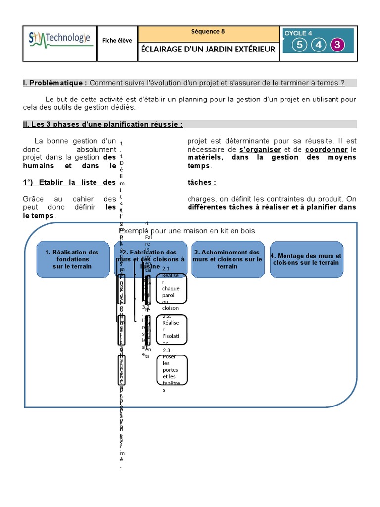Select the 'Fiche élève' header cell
117,41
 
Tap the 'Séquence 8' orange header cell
208,32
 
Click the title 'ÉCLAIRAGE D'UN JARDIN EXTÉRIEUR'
208,49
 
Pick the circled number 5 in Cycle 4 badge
299,45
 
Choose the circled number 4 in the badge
318,45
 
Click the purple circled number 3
337,45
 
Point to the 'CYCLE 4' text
298,33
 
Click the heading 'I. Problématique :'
55,83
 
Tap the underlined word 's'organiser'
260,150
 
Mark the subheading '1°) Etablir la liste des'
69,182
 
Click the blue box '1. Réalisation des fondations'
72,259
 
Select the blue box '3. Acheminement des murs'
227,259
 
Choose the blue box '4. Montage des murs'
306,259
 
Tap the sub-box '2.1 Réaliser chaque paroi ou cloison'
171,288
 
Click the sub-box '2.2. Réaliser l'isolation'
171,329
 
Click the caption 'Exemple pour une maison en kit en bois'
188,231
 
